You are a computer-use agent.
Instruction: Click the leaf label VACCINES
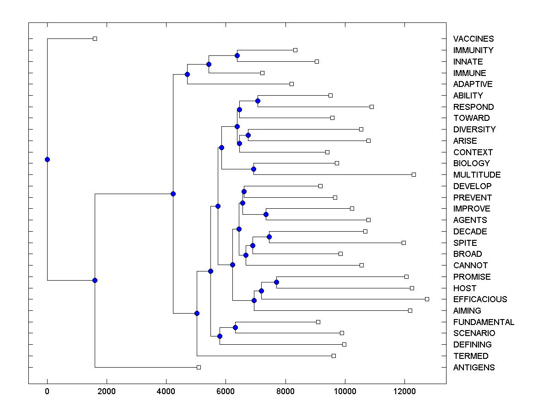pyautogui.click(x=474, y=39)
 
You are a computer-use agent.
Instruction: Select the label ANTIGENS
pyautogui.click(x=474, y=368)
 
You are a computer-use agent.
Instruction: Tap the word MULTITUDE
pyautogui.click(x=477, y=175)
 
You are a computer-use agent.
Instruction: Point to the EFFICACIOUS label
pyautogui.click(x=480, y=299)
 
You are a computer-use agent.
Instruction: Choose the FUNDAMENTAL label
pyautogui.click(x=484, y=322)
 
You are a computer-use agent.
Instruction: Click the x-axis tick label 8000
pyautogui.click(x=285, y=392)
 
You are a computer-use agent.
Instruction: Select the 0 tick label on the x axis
pyautogui.click(x=47, y=392)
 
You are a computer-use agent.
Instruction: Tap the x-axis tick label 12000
pyautogui.click(x=404, y=392)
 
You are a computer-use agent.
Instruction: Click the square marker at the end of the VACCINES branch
pyautogui.click(x=95, y=39)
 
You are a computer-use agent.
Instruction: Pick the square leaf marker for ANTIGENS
pyautogui.click(x=199, y=367)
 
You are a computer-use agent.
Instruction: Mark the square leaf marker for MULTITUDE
pyautogui.click(x=414, y=174)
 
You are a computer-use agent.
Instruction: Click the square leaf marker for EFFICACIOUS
pyautogui.click(x=427, y=299)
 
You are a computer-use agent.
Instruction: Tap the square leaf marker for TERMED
pyautogui.click(x=334, y=356)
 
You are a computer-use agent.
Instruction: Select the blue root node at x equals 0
pyautogui.click(x=47, y=159)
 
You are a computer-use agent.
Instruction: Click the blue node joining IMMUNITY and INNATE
pyautogui.click(x=237, y=56)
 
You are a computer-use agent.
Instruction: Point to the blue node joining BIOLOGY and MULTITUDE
pyautogui.click(x=253, y=169)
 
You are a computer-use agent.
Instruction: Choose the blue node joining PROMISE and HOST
pyautogui.click(x=276, y=282)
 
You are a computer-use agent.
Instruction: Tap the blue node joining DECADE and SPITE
pyautogui.click(x=269, y=237)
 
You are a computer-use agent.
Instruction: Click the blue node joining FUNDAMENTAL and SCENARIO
pyautogui.click(x=235, y=327)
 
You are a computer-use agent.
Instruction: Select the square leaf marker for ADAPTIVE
pyautogui.click(x=291, y=84)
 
